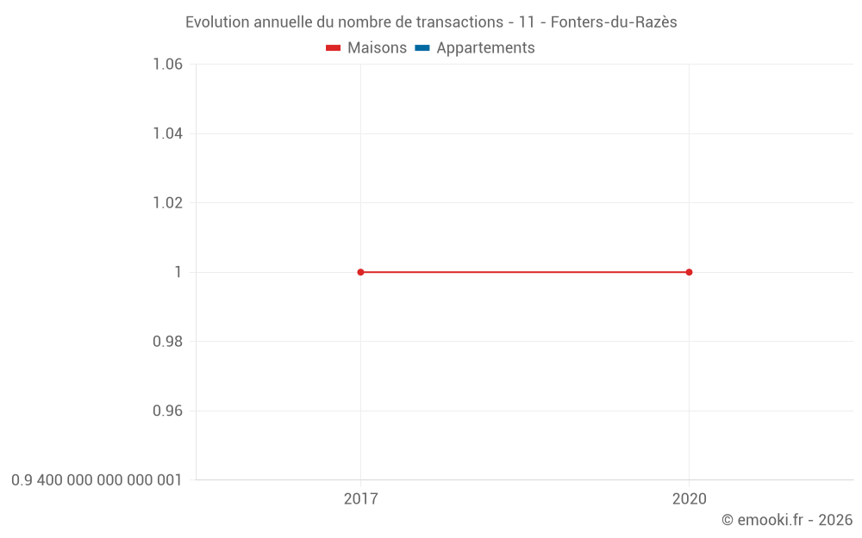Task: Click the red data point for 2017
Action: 360,272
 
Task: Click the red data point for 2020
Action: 689,272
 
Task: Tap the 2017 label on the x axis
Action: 360,498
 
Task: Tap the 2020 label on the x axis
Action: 689,498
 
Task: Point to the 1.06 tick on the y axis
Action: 167,65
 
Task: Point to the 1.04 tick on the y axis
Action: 167,133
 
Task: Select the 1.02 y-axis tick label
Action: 167,203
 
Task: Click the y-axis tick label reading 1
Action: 178,272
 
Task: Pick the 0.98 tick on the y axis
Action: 167,342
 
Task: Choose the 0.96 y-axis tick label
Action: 167,411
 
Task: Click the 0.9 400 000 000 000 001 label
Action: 97,479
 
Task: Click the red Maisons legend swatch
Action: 333,48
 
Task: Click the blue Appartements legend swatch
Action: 422,48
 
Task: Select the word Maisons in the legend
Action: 377,48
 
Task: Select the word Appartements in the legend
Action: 485,48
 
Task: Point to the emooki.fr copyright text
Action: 786,520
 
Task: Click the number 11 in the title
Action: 527,22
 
